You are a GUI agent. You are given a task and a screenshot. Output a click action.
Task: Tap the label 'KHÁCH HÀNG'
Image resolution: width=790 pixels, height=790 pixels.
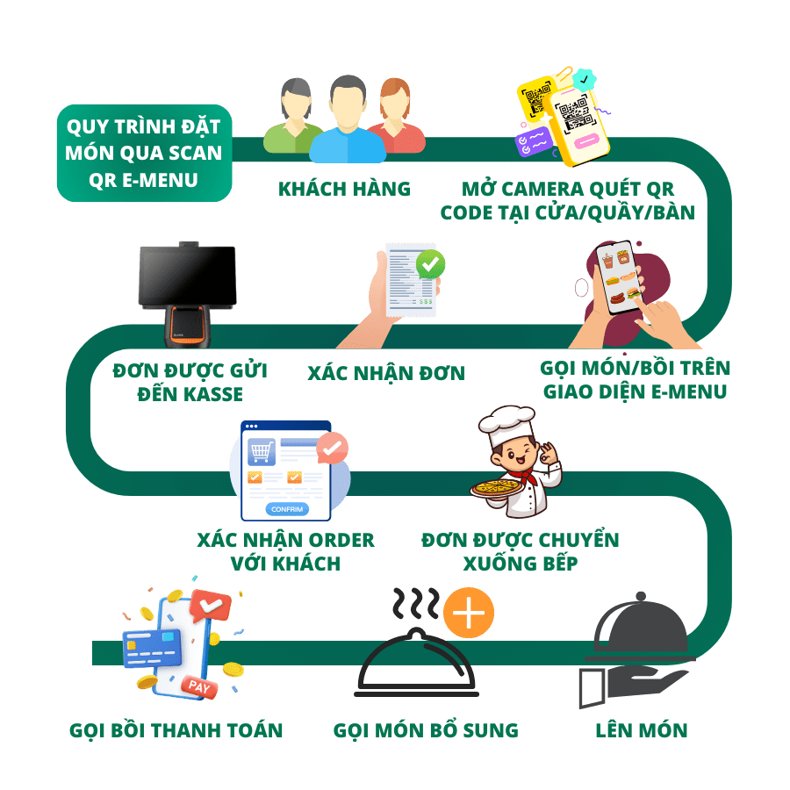click(x=344, y=189)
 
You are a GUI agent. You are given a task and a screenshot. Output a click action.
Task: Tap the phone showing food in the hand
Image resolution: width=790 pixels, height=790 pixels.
click(x=619, y=279)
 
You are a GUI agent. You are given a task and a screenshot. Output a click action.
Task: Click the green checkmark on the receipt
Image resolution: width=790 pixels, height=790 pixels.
click(x=430, y=262)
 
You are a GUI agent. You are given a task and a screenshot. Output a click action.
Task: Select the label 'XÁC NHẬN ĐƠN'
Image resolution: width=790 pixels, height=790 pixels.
click(x=386, y=373)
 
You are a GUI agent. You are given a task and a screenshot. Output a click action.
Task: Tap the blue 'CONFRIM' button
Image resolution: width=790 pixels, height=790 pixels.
click(x=287, y=509)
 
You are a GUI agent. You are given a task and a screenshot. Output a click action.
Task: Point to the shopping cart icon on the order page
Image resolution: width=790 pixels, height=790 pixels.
click(x=261, y=452)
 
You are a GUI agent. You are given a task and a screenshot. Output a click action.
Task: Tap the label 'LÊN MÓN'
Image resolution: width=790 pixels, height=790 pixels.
click(x=641, y=729)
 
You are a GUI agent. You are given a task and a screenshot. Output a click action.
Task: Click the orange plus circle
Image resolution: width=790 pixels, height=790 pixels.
click(x=469, y=612)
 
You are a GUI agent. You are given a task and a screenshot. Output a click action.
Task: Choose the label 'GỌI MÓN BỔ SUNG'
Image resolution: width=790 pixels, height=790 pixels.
click(x=426, y=729)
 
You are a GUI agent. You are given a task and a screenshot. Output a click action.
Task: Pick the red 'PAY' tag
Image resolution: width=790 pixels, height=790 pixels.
click(x=200, y=687)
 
